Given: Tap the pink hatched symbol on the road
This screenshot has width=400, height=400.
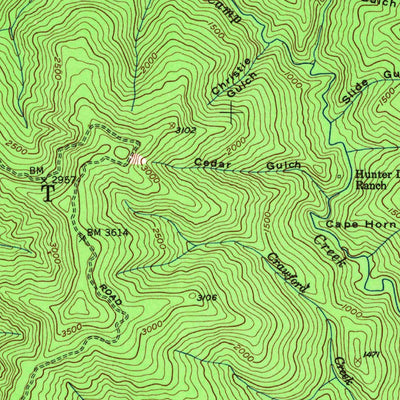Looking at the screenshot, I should coord(137,158).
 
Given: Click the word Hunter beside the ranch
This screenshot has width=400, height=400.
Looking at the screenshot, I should coord(375,173).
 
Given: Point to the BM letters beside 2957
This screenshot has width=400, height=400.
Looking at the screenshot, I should coord(39,171).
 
